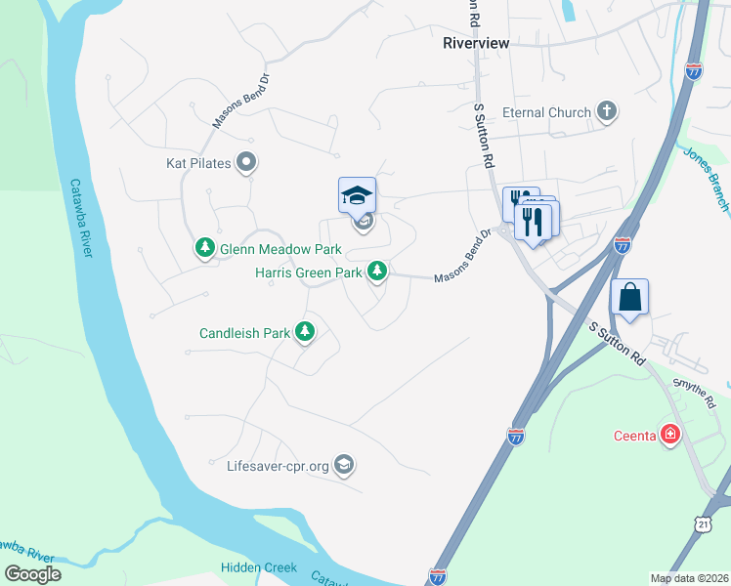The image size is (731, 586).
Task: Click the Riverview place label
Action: pos(475,43)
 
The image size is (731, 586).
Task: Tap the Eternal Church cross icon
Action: pos(607,112)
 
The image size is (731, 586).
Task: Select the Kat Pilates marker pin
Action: pos(247,163)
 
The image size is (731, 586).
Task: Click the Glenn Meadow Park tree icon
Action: pos(205,249)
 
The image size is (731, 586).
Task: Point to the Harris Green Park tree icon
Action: pos(377,272)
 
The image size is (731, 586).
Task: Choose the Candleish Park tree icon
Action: pos(306,333)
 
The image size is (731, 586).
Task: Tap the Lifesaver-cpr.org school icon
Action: pos(343,465)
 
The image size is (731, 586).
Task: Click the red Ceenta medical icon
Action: pos(670,435)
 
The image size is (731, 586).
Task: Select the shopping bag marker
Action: pos(630,297)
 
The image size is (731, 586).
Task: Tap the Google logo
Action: pos(32,573)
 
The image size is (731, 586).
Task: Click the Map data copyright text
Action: pos(688,578)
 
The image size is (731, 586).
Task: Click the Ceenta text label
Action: pos(634,435)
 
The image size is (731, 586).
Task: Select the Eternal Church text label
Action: pos(546,112)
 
